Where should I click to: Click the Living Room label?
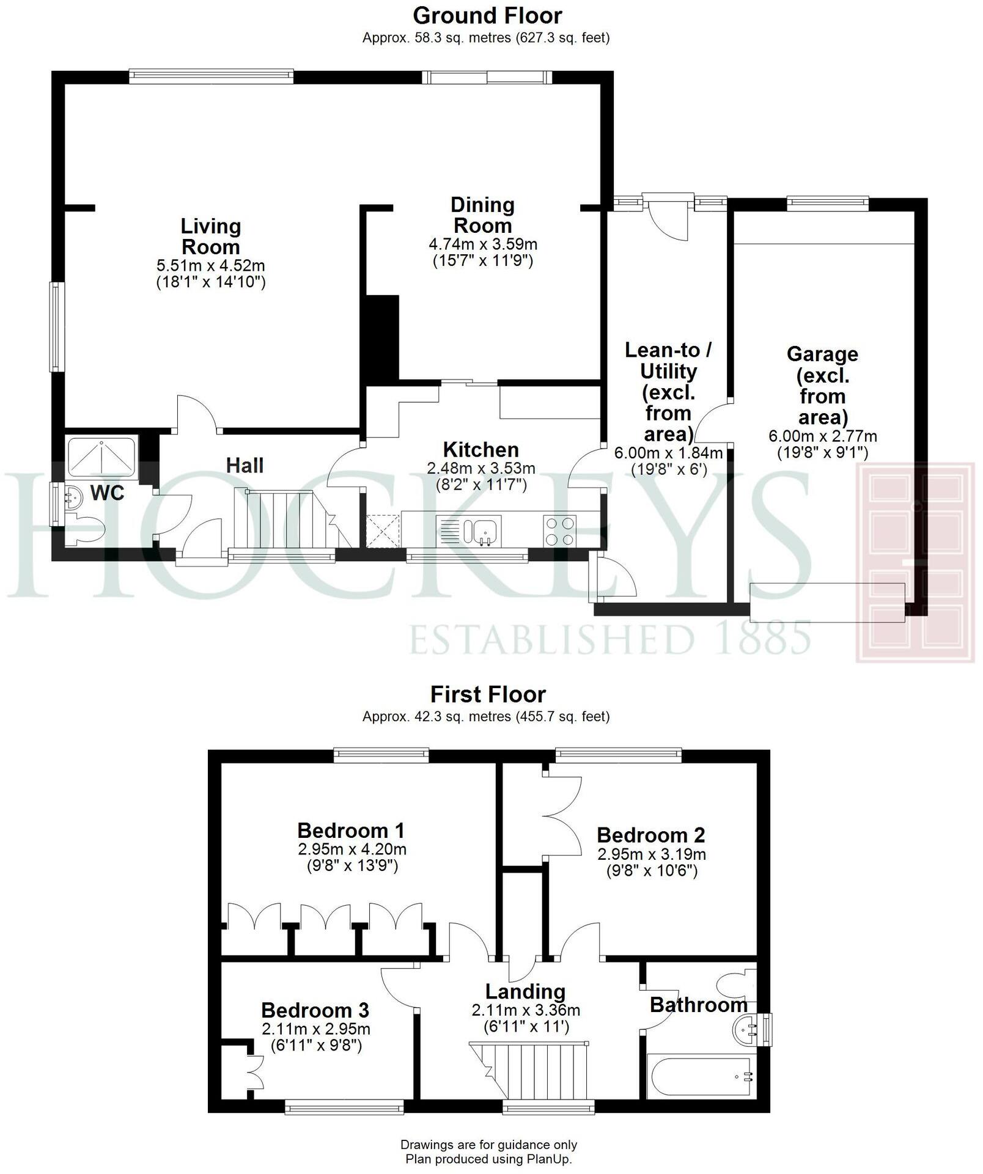tap(210, 237)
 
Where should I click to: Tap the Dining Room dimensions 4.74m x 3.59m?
tap(482, 244)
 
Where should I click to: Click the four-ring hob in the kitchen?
tap(559, 530)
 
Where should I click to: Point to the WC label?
tap(107, 493)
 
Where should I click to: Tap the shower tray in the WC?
tap(101, 455)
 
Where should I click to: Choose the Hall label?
tap(245, 465)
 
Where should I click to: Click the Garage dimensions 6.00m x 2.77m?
tap(822, 436)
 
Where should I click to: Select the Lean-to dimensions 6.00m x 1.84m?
tap(668, 453)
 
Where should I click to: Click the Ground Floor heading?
tap(487, 15)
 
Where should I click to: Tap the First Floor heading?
tap(487, 694)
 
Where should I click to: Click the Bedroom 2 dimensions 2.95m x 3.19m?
tap(651, 854)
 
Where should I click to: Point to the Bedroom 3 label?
tap(315, 1010)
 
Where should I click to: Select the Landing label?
tap(525, 991)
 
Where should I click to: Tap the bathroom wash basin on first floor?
tap(744, 1030)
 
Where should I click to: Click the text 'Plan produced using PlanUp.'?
tap(488, 1159)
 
